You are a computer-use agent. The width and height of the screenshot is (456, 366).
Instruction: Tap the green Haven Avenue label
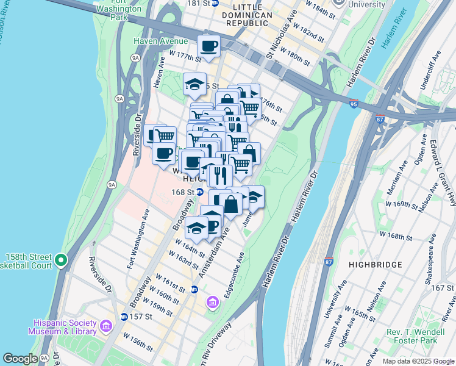pos(161,41)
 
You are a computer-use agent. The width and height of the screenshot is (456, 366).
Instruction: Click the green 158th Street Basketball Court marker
pos(60,260)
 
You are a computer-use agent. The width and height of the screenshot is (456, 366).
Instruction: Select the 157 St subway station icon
pos(124,317)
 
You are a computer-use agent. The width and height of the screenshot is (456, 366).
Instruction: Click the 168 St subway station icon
pos(199,192)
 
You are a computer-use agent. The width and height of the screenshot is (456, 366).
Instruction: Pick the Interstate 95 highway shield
pos(354,104)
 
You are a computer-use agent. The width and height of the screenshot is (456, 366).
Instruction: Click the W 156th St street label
pos(138,342)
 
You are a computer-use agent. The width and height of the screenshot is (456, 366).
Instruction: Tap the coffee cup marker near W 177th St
pos(208,46)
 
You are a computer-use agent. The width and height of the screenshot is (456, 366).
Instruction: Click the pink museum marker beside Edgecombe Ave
pos(212,301)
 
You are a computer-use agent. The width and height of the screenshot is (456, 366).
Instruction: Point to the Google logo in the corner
pos(20,359)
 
